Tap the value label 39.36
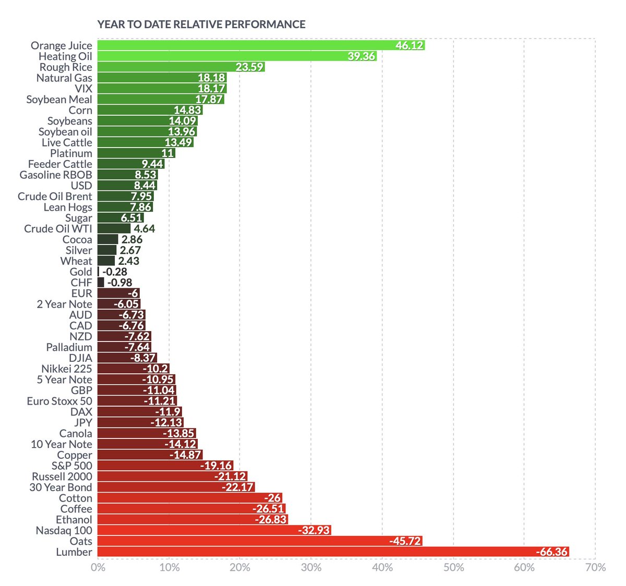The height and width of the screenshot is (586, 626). [x=361, y=56]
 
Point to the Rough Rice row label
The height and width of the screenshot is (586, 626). [x=66, y=67]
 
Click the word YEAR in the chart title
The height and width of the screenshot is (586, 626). [x=111, y=25]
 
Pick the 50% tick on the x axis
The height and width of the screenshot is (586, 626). [x=453, y=567]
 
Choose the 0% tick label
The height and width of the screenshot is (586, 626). [x=98, y=567]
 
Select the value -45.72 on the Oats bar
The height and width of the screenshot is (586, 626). [x=405, y=541]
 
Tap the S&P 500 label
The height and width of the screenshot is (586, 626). [x=71, y=466]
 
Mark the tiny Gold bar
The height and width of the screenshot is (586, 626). [x=98, y=272]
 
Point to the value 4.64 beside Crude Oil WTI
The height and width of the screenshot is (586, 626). [x=144, y=228]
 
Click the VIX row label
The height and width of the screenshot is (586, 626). [x=83, y=89]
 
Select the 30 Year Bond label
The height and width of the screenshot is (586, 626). [x=61, y=487]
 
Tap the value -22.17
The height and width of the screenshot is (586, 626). [x=238, y=487]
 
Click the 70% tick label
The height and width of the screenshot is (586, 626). [x=595, y=567]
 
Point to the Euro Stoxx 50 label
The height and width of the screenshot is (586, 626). [x=59, y=401]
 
